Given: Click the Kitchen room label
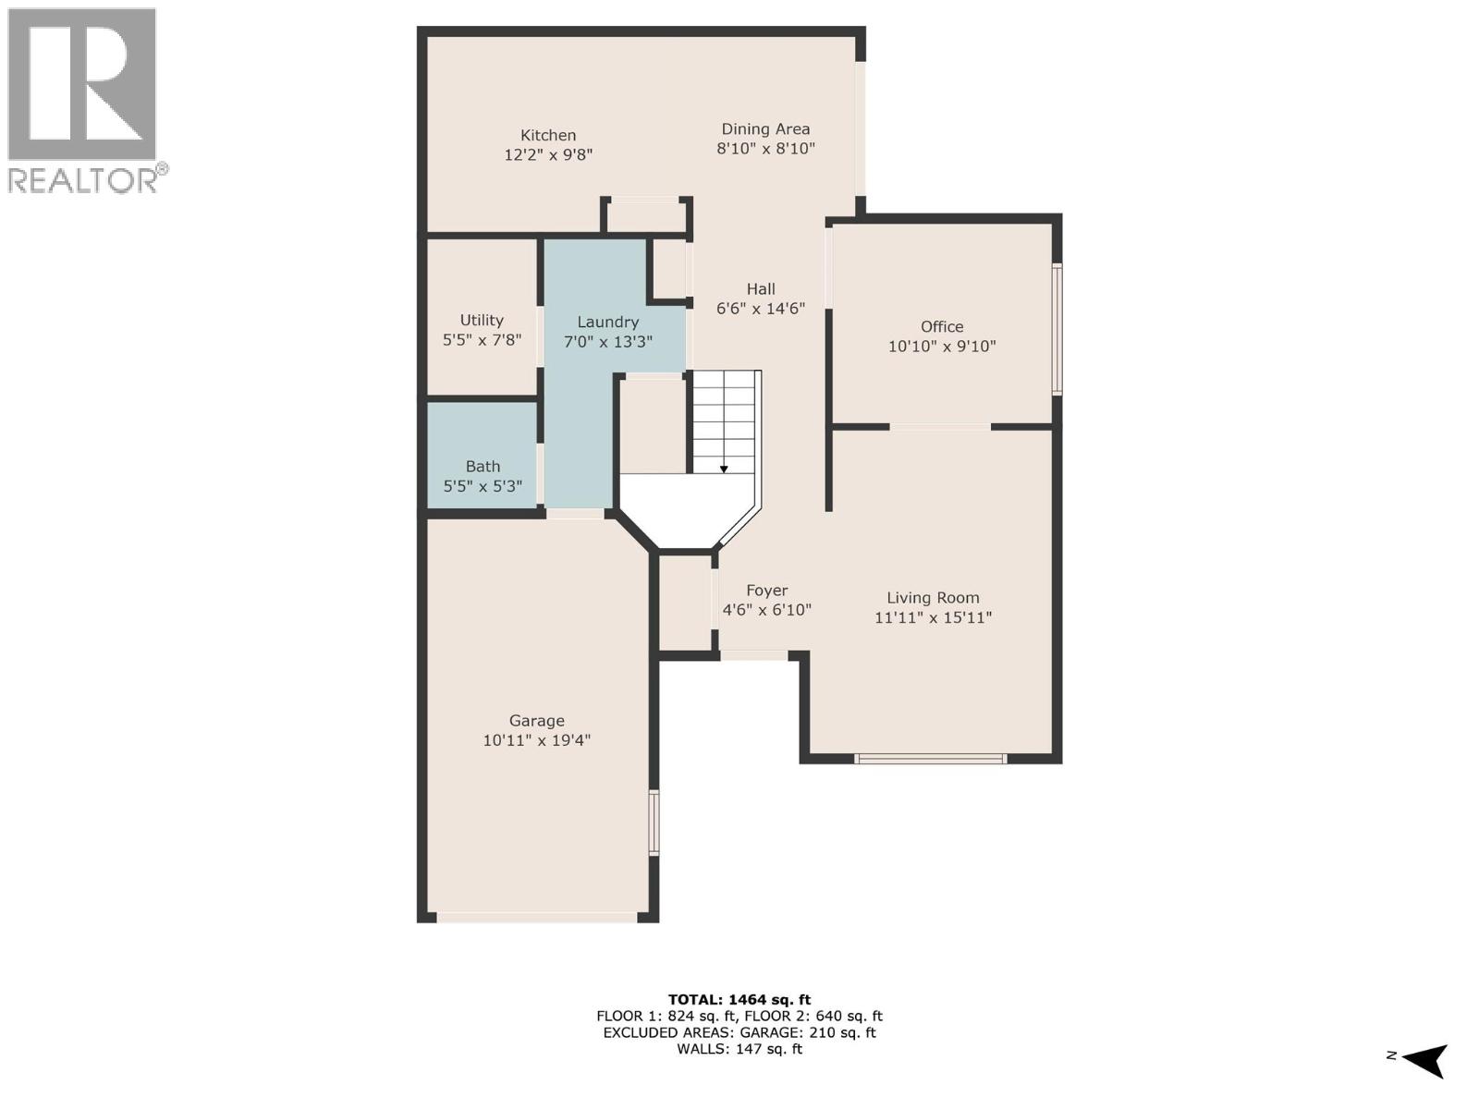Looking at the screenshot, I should (548, 135).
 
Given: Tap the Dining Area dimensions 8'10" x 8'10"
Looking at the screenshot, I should (765, 148).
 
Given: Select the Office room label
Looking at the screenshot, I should (942, 326).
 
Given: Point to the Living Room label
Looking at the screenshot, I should (933, 598).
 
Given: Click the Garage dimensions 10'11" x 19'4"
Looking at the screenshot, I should (536, 740).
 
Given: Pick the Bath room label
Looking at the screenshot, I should (483, 467).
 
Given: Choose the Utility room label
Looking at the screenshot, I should (482, 320).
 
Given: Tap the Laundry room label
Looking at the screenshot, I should (607, 322).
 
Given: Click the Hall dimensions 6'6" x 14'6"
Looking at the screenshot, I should (761, 309).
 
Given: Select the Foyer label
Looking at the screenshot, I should (767, 591).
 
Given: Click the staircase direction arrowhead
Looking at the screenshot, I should (724, 469).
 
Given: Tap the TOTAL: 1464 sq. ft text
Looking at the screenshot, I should (739, 999).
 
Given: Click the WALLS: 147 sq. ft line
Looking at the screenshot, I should (739, 1049).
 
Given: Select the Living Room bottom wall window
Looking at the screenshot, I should (930, 759).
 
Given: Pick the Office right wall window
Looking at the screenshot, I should (1057, 329).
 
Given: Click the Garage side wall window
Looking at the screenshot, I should (654, 822).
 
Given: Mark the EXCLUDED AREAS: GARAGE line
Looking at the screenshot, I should (739, 1032).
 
